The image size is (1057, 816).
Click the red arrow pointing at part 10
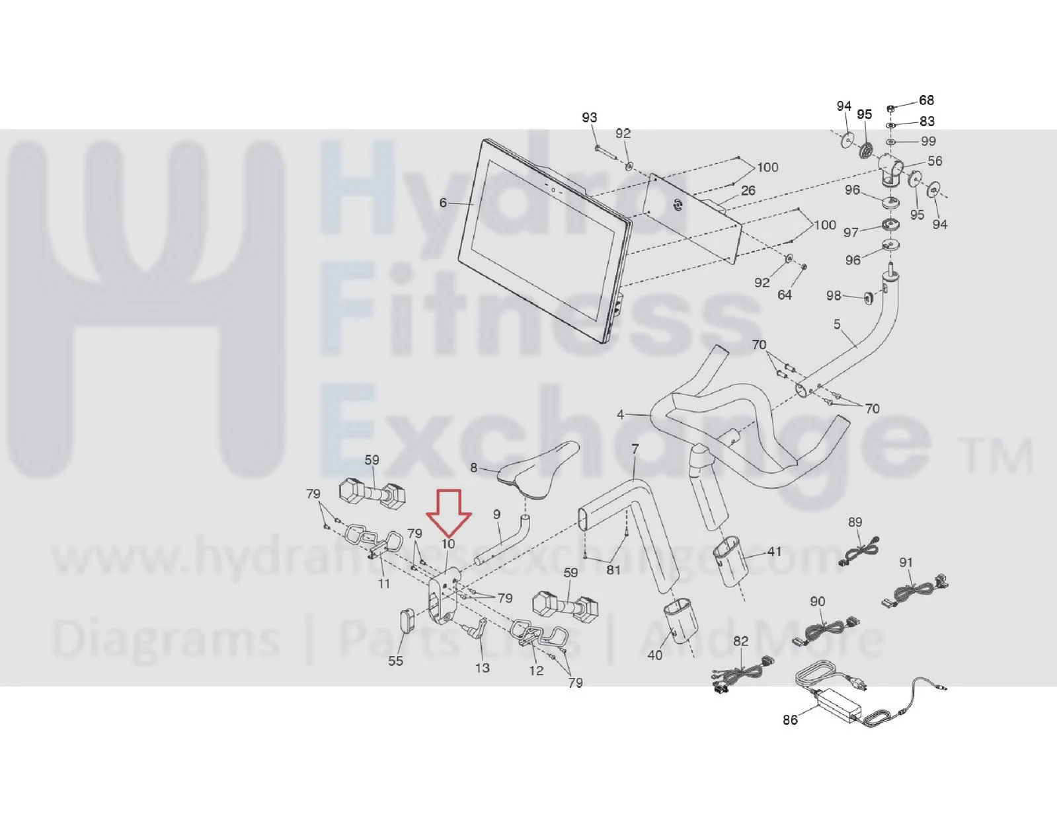[x=448, y=513]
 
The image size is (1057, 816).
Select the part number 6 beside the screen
[x=443, y=203]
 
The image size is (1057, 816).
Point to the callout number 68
[x=926, y=100]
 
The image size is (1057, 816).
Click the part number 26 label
[x=748, y=190]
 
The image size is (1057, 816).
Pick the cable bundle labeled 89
[x=859, y=548]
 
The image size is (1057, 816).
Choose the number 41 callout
[x=774, y=552]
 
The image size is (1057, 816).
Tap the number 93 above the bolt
[x=590, y=117]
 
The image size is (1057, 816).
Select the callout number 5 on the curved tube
[x=837, y=324]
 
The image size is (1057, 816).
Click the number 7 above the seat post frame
[x=635, y=449]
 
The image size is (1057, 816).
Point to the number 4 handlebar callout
[x=620, y=414]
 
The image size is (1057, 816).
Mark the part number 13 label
[x=482, y=668]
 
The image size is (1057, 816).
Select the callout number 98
[x=834, y=295]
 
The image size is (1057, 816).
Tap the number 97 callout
[x=851, y=233]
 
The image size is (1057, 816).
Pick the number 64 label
[x=785, y=295]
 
